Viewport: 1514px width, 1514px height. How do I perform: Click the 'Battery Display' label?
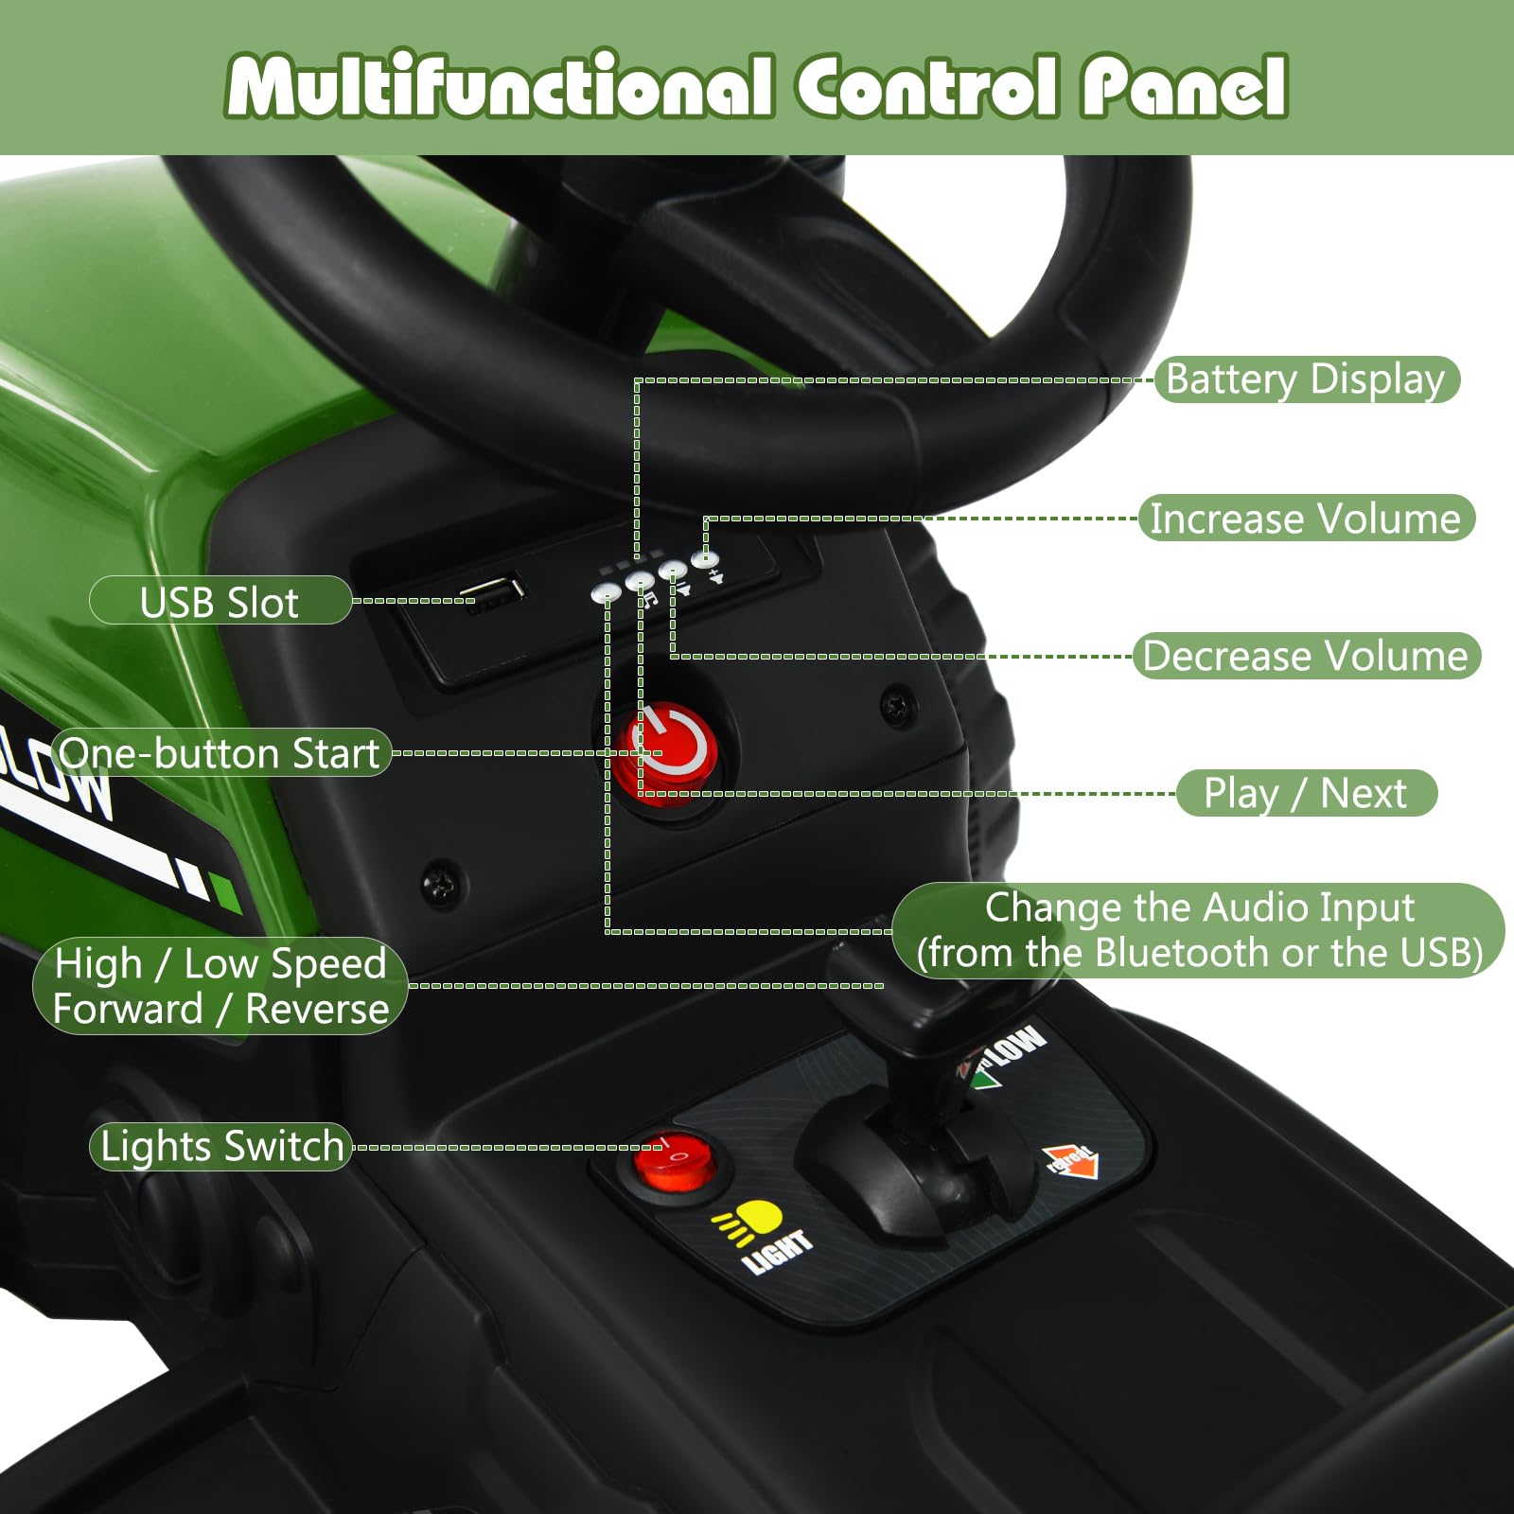click(x=1307, y=379)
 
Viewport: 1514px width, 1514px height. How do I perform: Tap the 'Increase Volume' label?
click(x=1306, y=519)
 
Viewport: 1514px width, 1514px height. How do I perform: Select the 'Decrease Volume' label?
click(x=1306, y=656)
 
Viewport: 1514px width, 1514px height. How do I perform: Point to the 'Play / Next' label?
click(x=1306, y=793)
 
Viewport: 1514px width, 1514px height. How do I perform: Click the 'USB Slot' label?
click(x=220, y=601)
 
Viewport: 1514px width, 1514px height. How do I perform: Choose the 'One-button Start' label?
click(x=220, y=753)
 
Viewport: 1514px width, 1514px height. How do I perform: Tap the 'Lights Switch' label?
click(x=221, y=1147)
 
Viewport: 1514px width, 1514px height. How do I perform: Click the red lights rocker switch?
click(x=674, y=1156)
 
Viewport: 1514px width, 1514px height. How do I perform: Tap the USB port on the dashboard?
click(x=492, y=592)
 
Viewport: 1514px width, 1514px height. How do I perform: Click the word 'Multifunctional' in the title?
click(x=500, y=87)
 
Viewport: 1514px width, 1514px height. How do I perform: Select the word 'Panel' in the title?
click(x=1184, y=87)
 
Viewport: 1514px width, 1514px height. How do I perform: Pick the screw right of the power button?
click(x=895, y=705)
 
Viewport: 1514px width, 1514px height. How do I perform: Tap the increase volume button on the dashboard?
click(x=705, y=559)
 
